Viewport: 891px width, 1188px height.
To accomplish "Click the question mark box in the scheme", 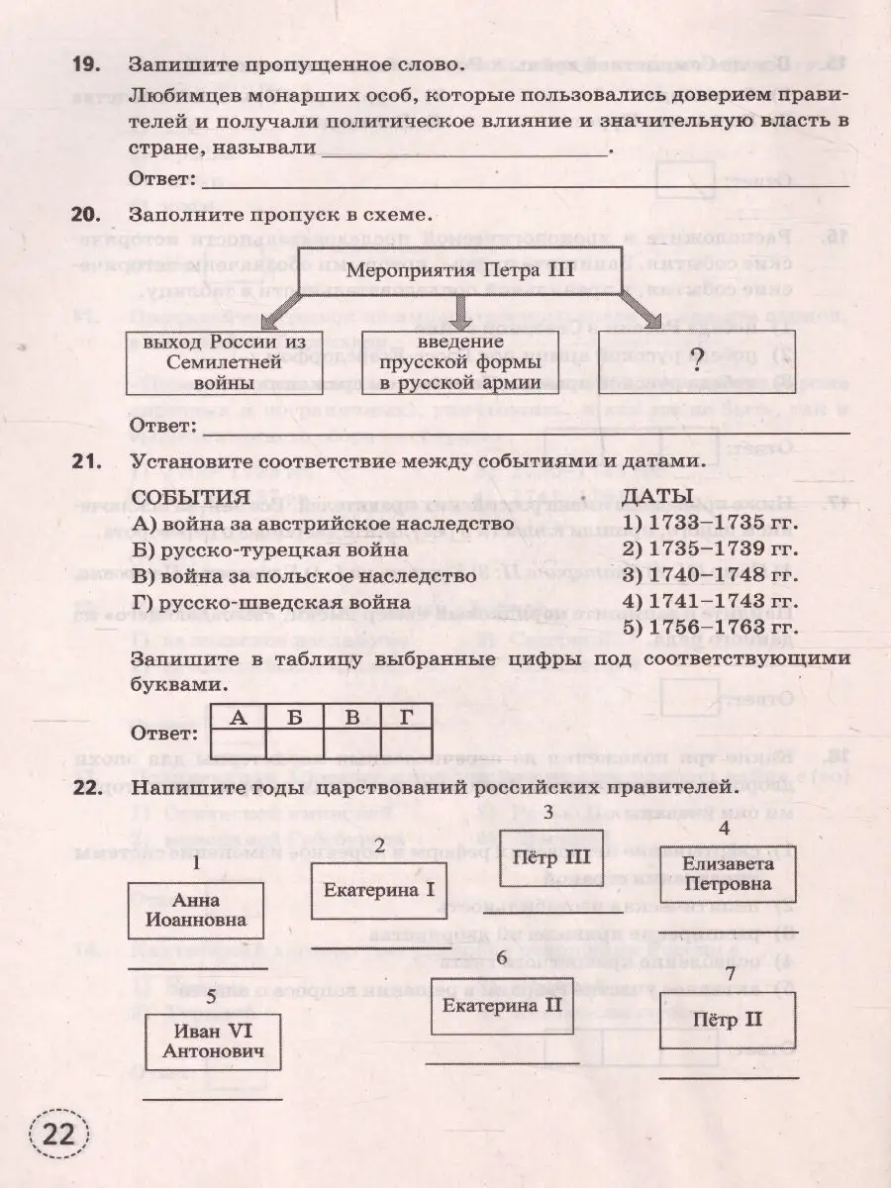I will [699, 360].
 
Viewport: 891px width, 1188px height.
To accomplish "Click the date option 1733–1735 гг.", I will [710, 524].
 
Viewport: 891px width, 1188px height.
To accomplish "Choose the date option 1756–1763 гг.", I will [710, 627].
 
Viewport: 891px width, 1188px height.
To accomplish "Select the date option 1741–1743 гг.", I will [710, 601].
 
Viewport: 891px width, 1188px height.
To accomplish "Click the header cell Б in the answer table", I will [295, 717].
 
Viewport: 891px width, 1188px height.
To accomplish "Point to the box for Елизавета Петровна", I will [726, 873].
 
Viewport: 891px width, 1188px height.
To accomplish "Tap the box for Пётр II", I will [728, 1021].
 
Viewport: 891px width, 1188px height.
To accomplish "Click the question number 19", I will [86, 66].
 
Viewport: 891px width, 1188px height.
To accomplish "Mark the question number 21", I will [86, 459].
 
